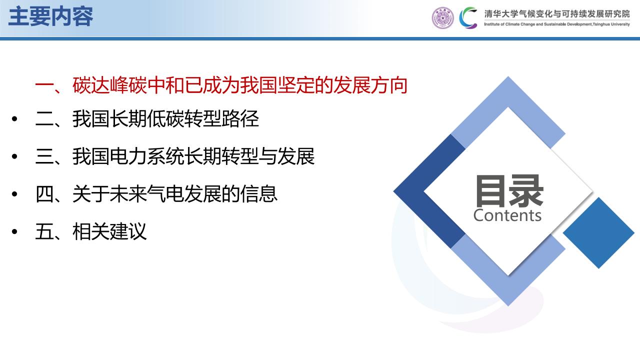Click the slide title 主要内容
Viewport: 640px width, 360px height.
pyautogui.click(x=51, y=16)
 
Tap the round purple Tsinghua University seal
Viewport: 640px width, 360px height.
pyautogui.click(x=442, y=17)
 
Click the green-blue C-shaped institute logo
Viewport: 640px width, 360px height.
pyautogui.click(x=468, y=17)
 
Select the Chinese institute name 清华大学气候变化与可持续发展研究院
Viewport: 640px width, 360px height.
pyautogui.click(x=557, y=13)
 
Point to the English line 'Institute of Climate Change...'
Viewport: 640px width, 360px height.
pyautogui.click(x=557, y=24)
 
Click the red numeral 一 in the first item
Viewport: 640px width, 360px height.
pyautogui.click(x=44, y=85)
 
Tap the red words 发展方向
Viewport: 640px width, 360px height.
pyautogui.click(x=370, y=85)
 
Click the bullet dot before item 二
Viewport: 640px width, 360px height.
pyautogui.click(x=14, y=119)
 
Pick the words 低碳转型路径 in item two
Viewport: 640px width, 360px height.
pyautogui.click(x=203, y=118)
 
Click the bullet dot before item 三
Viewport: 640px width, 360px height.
pyautogui.click(x=14, y=156)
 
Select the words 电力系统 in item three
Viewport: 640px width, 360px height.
pyautogui.click(x=146, y=156)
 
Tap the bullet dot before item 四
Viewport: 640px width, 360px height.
pyautogui.click(x=14, y=194)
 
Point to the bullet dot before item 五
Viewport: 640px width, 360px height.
pyautogui.click(x=14, y=231)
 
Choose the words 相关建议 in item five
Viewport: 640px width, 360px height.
pyautogui.click(x=109, y=231)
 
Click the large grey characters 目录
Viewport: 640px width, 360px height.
pyautogui.click(x=509, y=191)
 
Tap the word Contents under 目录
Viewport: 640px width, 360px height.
pyautogui.click(x=507, y=215)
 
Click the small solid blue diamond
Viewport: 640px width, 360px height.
pyautogui.click(x=598, y=233)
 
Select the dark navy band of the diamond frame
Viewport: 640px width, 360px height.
pyautogui.click(x=428, y=191)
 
